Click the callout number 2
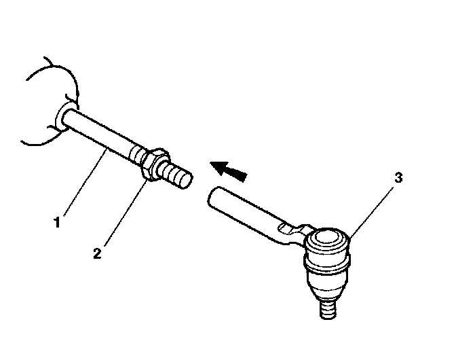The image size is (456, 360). (98, 254)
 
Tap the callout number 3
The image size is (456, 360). (398, 179)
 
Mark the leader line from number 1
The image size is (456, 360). (81, 184)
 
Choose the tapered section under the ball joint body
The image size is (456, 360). (328, 289)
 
